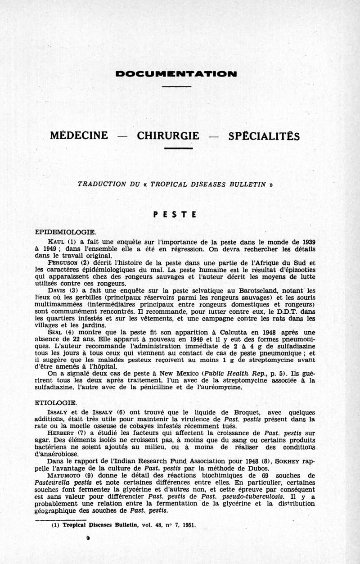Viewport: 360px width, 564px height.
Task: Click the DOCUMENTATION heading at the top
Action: click(176, 73)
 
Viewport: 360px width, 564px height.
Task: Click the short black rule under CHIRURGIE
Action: click(178, 148)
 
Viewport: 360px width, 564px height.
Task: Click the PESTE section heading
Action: click(175, 215)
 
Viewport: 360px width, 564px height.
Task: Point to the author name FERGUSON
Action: click(62, 263)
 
